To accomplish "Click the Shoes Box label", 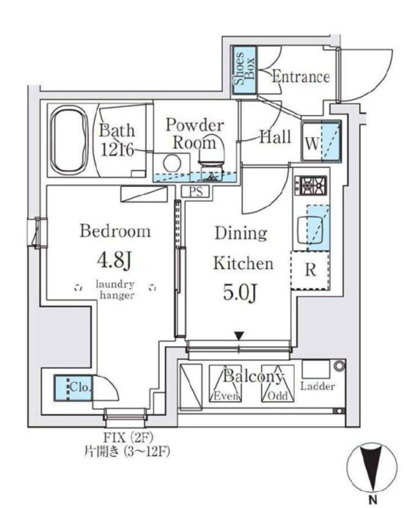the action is click(244, 69).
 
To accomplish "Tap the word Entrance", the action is click(300, 77).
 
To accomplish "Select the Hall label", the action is click(275, 137).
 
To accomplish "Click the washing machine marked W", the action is click(321, 141).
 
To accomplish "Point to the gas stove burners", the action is click(310, 186).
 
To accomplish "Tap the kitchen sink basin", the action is click(310, 228).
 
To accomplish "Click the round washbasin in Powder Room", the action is click(172, 163).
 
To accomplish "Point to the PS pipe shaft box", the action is click(196, 191).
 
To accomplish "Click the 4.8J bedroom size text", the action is click(114, 260).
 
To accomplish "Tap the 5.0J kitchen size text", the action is click(240, 293).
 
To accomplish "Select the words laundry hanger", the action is click(116, 290).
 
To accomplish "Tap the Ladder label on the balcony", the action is click(317, 386).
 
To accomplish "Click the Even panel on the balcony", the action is click(225, 383).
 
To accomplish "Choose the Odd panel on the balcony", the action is click(277, 383).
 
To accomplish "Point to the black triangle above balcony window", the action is click(239, 336).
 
